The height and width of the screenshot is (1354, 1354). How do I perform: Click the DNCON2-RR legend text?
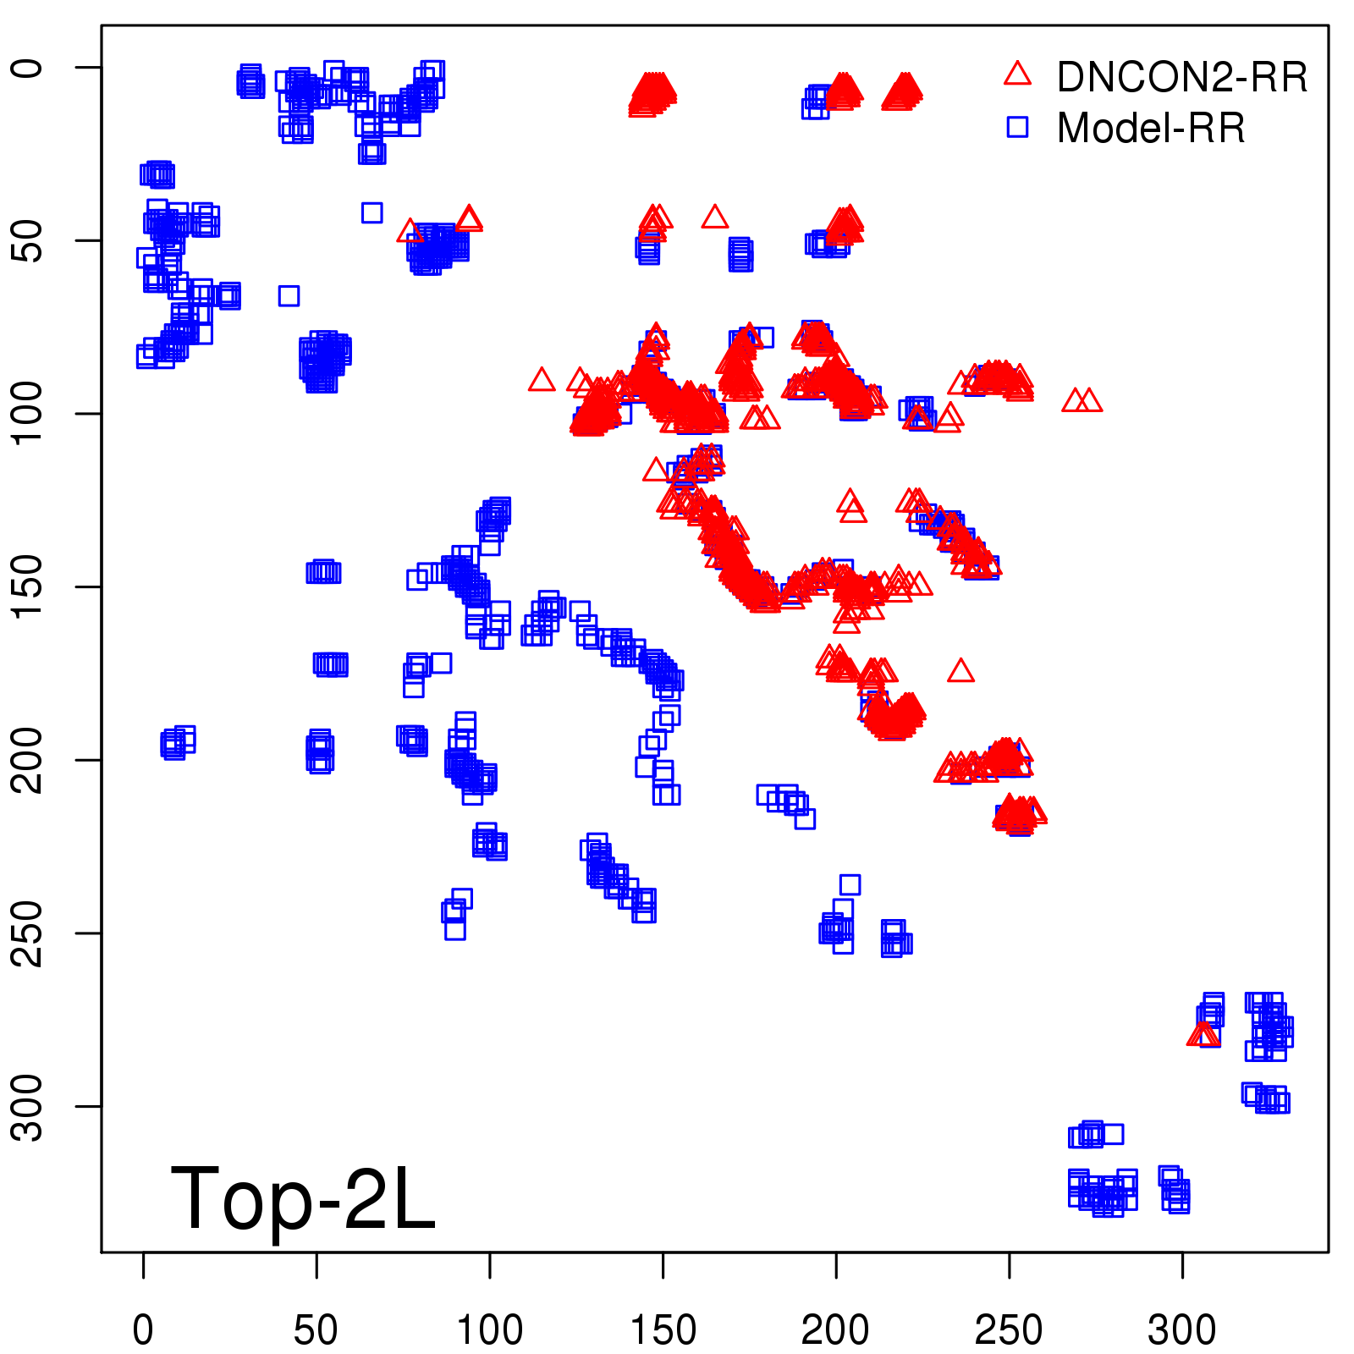click(x=1181, y=77)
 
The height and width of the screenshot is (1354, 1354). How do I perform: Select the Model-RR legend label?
click(x=1151, y=129)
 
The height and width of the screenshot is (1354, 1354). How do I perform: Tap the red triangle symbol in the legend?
click(x=1017, y=74)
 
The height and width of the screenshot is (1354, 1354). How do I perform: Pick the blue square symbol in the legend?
click(x=1017, y=127)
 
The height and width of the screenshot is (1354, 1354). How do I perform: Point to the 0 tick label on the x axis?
click(x=143, y=1329)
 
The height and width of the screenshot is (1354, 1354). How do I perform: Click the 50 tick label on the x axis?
click(x=316, y=1329)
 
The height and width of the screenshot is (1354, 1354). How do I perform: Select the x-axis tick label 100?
click(x=489, y=1329)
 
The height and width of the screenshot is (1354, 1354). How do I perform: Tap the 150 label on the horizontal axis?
click(x=663, y=1329)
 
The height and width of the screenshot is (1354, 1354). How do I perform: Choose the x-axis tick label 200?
click(x=835, y=1329)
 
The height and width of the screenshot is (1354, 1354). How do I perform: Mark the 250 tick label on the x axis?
click(x=1009, y=1329)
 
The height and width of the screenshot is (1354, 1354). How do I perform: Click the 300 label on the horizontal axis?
click(x=1182, y=1329)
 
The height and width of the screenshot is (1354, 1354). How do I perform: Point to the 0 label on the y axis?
click(x=27, y=68)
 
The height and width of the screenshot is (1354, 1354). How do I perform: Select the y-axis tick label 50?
click(x=27, y=240)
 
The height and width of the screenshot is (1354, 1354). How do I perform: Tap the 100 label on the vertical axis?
click(x=27, y=413)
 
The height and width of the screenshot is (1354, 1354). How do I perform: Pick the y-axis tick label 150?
click(x=27, y=586)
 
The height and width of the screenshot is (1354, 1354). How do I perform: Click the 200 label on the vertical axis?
click(x=27, y=760)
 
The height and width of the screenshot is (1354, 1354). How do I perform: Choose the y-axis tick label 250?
click(x=27, y=933)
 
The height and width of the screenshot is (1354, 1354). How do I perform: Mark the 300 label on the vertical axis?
click(x=27, y=1106)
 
